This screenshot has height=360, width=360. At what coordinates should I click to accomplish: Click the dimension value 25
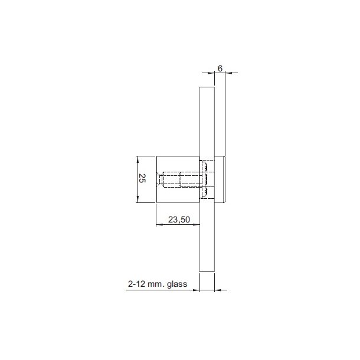click(x=142, y=179)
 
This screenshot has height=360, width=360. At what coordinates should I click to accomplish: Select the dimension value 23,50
click(x=178, y=220)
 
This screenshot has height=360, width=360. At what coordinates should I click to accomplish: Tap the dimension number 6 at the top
click(x=220, y=68)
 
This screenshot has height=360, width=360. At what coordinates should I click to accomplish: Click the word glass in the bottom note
click(x=176, y=284)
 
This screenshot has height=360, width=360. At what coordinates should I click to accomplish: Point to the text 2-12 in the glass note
click(x=136, y=284)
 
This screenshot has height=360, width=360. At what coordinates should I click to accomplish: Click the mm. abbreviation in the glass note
click(x=155, y=284)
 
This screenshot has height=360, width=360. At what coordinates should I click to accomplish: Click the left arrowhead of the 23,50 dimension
click(x=158, y=225)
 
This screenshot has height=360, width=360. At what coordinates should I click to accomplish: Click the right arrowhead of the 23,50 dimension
click(x=198, y=225)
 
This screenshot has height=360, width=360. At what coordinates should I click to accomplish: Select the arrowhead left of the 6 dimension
click(x=211, y=73)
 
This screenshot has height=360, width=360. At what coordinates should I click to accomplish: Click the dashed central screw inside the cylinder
click(x=180, y=179)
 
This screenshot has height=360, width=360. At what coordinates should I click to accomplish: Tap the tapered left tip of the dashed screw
click(x=159, y=179)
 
